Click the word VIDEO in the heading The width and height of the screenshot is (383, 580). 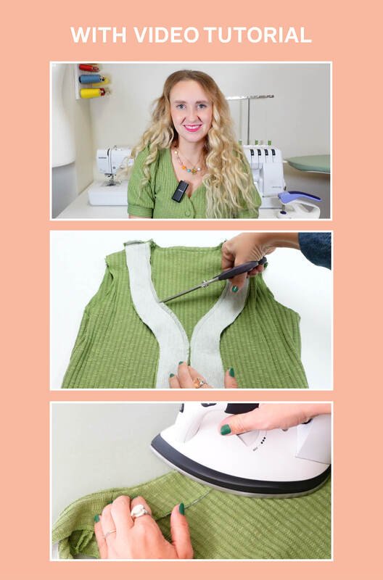[167, 35]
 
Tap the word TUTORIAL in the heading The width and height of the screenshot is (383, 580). [258, 35]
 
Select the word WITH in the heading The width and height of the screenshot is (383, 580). [99, 35]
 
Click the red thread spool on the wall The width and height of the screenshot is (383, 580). [88, 68]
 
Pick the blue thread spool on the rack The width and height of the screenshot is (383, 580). [90, 79]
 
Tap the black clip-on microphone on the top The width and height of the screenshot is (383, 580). [180, 191]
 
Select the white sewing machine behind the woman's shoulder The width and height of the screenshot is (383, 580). [110, 175]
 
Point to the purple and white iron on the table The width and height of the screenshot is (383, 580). [299, 204]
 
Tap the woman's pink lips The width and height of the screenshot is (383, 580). [193, 128]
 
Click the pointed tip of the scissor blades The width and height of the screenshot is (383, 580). [160, 302]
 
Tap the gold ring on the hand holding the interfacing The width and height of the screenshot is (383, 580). [199, 383]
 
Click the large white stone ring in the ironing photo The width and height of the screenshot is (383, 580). [139, 511]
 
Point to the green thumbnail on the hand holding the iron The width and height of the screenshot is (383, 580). [226, 429]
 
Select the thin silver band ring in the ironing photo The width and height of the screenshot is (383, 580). [110, 533]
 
